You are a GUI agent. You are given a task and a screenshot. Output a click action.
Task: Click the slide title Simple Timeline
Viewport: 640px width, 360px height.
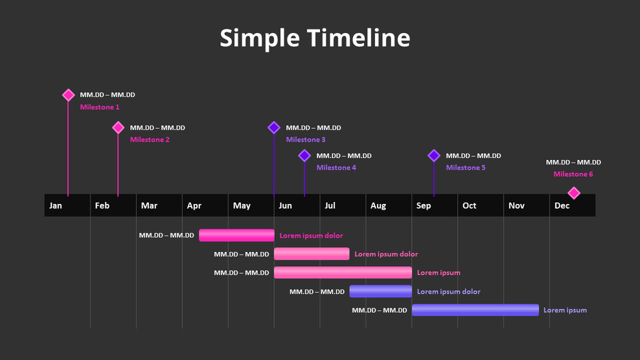tap(315, 38)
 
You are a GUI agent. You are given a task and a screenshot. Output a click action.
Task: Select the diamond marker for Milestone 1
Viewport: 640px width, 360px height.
tap(68, 95)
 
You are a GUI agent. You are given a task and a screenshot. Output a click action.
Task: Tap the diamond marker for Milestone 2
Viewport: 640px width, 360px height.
tap(118, 128)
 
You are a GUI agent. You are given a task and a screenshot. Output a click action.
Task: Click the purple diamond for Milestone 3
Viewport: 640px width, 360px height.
tap(274, 128)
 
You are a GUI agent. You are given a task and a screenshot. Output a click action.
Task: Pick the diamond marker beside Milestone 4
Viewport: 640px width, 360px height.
tap(304, 155)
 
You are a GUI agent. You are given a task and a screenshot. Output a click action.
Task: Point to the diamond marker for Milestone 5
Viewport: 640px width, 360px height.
tap(434, 155)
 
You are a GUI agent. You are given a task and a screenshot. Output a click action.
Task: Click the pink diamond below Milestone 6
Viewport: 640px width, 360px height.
tap(573, 193)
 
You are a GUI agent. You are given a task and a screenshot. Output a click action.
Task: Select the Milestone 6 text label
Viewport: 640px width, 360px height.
tap(573, 174)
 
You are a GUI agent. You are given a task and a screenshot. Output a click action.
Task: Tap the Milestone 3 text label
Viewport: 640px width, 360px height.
tap(306, 140)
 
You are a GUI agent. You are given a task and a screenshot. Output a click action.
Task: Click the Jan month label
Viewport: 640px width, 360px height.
tap(56, 206)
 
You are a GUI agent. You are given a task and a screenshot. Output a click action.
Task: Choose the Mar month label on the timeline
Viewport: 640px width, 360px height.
tap(149, 206)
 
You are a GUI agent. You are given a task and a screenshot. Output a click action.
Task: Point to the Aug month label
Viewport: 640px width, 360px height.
tap(378, 206)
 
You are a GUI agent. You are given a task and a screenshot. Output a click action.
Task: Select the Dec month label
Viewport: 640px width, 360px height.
tap(562, 206)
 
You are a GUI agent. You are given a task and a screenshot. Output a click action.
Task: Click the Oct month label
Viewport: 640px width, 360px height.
tap(470, 206)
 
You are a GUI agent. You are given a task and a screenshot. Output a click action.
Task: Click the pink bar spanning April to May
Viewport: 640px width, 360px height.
tap(236, 235)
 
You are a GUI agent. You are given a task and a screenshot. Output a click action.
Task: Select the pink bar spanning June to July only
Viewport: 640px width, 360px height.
tap(312, 254)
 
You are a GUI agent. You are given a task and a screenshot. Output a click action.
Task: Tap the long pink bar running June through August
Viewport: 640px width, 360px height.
tap(343, 273)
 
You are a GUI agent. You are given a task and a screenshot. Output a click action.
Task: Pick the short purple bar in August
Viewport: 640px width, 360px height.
tap(380, 291)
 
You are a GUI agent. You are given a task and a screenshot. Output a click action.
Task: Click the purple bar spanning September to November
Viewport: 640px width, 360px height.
tap(475, 310)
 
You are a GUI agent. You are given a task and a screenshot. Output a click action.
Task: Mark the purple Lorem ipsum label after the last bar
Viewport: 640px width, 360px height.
tap(565, 310)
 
